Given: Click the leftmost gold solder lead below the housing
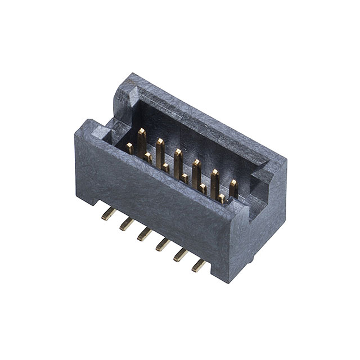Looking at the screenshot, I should pyautogui.click(x=109, y=213).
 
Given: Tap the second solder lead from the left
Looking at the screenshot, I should pyautogui.click(x=127, y=224).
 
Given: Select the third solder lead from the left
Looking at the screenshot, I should pyautogui.click(x=145, y=233).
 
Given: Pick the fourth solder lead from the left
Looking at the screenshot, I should pyautogui.click(x=163, y=244).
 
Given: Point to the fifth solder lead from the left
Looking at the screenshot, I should pyautogui.click(x=181, y=254).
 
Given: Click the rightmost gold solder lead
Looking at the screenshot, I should pyautogui.click(x=199, y=264).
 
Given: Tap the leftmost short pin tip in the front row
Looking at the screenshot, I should pyautogui.click(x=129, y=148).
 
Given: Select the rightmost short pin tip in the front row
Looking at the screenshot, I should pyautogui.click(x=222, y=199).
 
